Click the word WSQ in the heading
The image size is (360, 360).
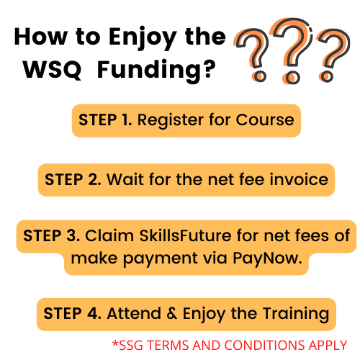(x=53, y=69)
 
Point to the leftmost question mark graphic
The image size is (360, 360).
(x=252, y=55)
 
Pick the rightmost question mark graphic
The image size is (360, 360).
(x=333, y=55)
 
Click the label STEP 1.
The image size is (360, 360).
(x=105, y=120)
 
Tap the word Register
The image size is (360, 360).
(x=171, y=121)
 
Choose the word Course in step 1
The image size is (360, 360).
(x=265, y=120)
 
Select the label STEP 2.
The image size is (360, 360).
(x=73, y=179)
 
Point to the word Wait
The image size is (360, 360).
(x=125, y=179)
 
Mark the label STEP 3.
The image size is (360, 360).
(x=51, y=235)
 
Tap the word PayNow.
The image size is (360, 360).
(x=267, y=259)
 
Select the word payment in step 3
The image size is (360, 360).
(x=160, y=259)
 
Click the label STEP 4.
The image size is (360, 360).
(x=72, y=313)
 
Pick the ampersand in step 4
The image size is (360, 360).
(x=172, y=313)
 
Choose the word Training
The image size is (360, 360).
(x=296, y=315)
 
